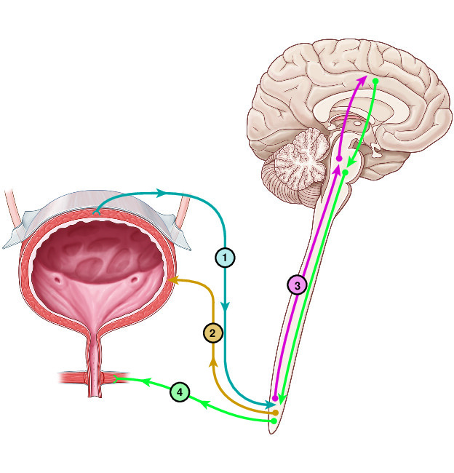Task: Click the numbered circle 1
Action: pos(226,257)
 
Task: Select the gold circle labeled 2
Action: pos(212,333)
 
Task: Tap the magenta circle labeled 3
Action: pos(296,285)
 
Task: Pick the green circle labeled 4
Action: pos(180,394)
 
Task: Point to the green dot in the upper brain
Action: pos(375,80)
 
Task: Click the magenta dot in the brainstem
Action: pos(339,158)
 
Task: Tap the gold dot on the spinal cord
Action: pos(275,413)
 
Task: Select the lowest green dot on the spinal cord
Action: pos(274,421)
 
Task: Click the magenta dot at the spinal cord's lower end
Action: pos(274,399)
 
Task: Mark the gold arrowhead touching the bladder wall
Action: pos(170,279)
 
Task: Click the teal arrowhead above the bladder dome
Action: pos(162,193)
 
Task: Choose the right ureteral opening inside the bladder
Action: pos(133,279)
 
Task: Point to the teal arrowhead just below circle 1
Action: pos(226,309)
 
